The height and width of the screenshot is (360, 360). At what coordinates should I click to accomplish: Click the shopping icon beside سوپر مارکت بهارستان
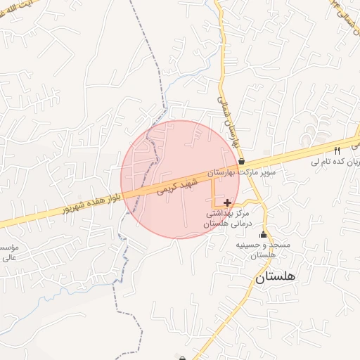pyautogui.click(x=261, y=161)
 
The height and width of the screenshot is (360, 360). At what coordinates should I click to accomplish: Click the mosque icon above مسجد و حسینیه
pyautogui.click(x=264, y=235)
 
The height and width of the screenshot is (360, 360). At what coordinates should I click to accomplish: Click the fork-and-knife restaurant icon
pyautogui.click(x=337, y=150)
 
